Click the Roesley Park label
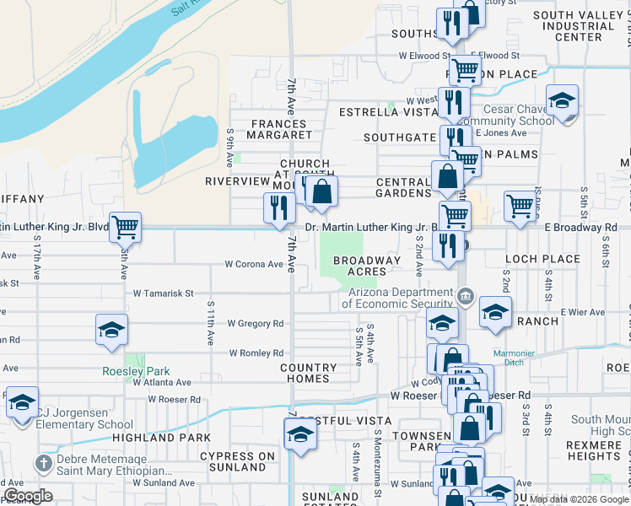[x=136, y=371]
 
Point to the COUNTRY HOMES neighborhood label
[x=308, y=373]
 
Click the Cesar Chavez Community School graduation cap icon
[x=562, y=103]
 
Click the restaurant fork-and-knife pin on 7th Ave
[x=279, y=208]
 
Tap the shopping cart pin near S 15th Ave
[x=125, y=226]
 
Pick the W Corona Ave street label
[x=254, y=264]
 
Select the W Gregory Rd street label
[x=254, y=323]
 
